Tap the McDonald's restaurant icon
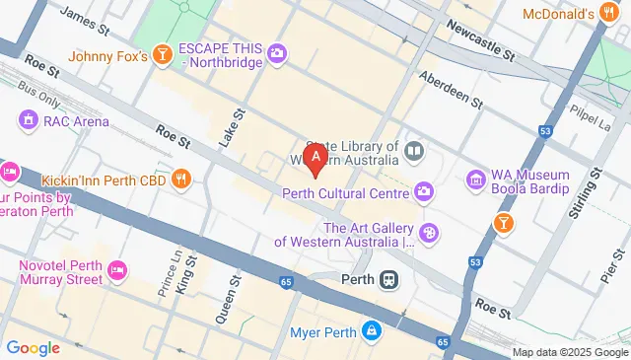point(611,14)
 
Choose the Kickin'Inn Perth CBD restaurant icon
point(181,180)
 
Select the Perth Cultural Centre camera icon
point(424,191)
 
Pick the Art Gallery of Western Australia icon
point(429,233)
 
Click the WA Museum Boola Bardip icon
point(476,180)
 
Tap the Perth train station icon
point(390,279)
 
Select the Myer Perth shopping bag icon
point(371,330)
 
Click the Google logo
point(33,348)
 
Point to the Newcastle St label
point(480,40)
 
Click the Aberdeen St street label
point(451,89)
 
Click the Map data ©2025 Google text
point(570,352)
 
